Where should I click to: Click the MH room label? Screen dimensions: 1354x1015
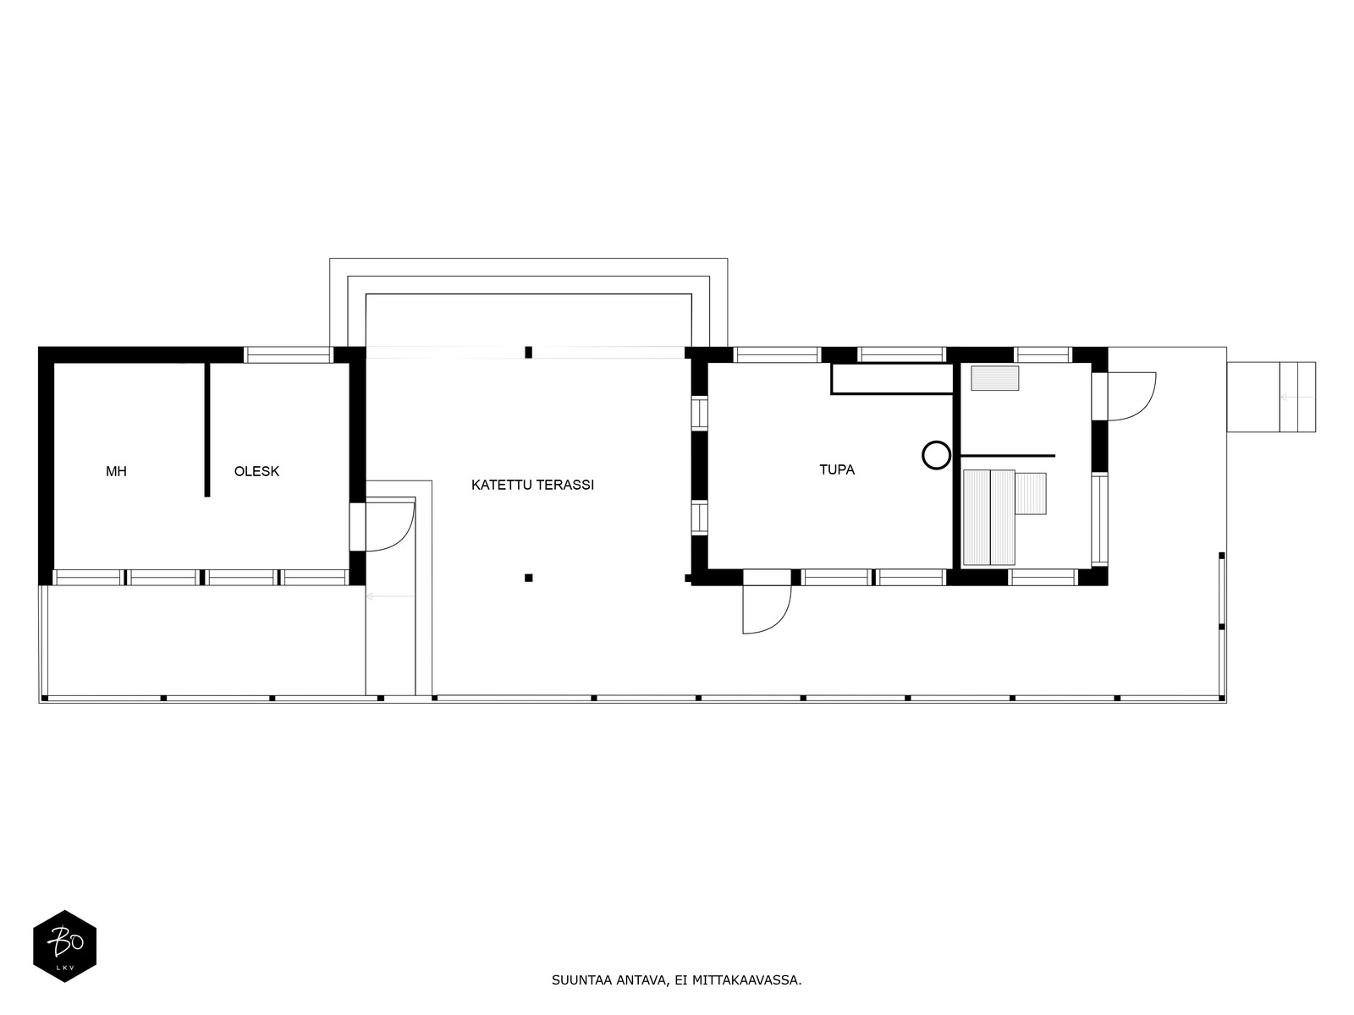click(x=116, y=472)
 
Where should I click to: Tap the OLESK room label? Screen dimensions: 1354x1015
click(x=256, y=471)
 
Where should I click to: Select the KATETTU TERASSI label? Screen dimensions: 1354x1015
click(x=532, y=485)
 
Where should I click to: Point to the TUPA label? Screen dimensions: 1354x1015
click(x=836, y=469)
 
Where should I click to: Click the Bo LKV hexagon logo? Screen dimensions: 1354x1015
click(x=65, y=946)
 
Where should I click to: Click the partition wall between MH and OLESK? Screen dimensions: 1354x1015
click(x=207, y=430)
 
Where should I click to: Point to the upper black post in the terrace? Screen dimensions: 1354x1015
click(x=528, y=353)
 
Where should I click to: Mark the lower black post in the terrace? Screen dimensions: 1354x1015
click(x=528, y=578)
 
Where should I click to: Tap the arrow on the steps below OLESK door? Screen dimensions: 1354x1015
click(x=390, y=596)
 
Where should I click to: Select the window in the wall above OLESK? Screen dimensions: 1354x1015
click(x=289, y=355)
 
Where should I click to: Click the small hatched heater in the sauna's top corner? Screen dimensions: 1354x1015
click(x=994, y=378)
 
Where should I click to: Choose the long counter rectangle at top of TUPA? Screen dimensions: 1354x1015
click(x=892, y=378)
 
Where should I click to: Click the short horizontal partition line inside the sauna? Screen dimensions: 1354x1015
click(x=1008, y=455)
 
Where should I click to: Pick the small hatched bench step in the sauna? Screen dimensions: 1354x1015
click(x=1031, y=493)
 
